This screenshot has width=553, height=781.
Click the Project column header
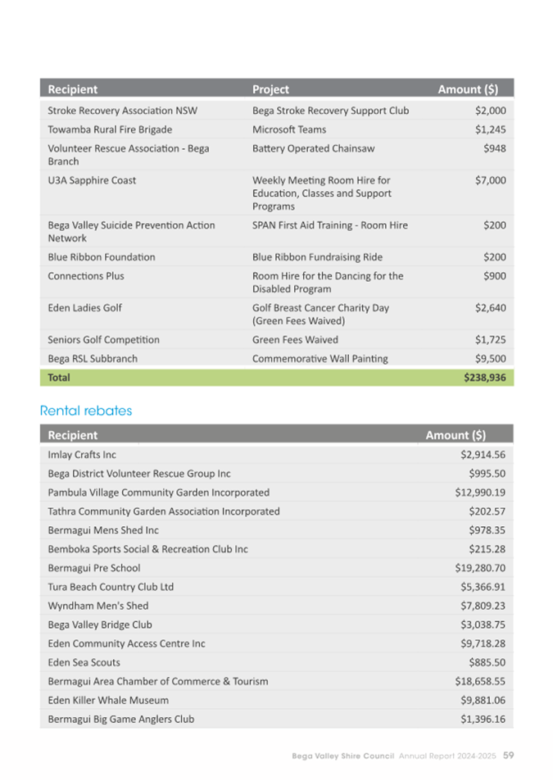tap(270, 89)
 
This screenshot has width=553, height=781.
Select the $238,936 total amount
tap(484, 378)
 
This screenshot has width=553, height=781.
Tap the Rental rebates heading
tap(85, 411)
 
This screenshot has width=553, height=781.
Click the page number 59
tap(509, 755)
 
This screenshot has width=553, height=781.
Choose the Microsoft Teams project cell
tap(289, 129)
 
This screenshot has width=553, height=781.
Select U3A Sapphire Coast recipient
tap(92, 180)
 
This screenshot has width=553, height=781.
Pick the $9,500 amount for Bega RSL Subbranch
tap(490, 359)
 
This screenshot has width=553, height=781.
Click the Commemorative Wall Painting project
tap(320, 359)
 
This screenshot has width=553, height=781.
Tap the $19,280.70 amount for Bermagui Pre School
tap(480, 568)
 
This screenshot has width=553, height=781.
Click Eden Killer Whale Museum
tap(108, 700)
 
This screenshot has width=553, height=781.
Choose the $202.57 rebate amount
tap(487, 511)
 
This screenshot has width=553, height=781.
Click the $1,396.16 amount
tap(483, 719)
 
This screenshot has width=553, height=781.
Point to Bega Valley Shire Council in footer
tap(343, 755)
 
